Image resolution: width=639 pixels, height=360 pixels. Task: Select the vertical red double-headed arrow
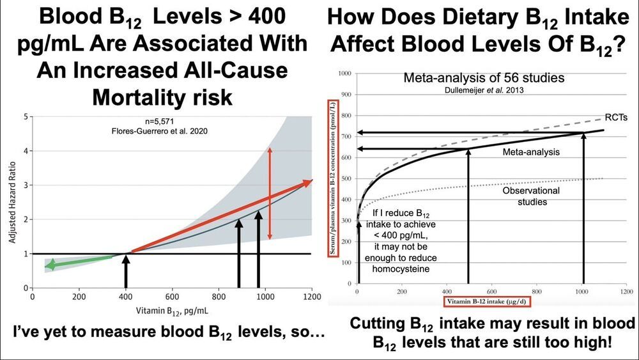click(x=270, y=194)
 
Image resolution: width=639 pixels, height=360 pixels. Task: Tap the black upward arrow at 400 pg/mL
click(x=126, y=270)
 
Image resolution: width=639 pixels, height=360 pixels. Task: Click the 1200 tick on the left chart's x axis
click(x=311, y=297)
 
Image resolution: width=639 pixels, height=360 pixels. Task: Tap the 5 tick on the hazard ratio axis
click(x=26, y=117)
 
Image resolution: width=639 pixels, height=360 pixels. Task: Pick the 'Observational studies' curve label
click(x=531, y=196)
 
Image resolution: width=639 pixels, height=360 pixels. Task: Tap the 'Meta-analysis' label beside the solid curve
click(x=531, y=152)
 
